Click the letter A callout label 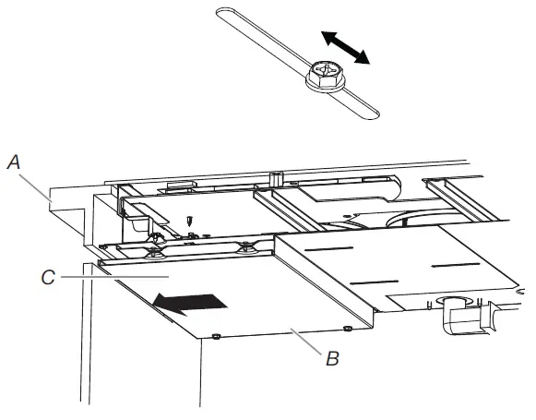pyautogui.click(x=13, y=161)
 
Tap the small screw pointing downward pyautogui.click(x=188, y=222)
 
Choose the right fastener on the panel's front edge pyautogui.click(x=347, y=328)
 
